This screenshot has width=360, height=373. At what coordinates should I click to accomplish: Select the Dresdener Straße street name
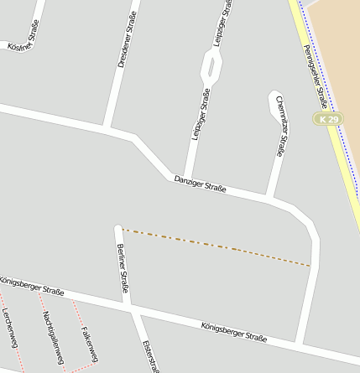126,45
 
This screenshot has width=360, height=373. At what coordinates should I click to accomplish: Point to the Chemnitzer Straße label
282,131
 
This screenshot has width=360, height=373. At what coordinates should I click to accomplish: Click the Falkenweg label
89,344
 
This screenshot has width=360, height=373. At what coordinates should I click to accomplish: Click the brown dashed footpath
218,247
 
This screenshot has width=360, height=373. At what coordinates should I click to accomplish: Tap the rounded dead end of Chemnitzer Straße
274,99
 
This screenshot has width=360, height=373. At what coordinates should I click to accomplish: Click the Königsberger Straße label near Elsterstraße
233,332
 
